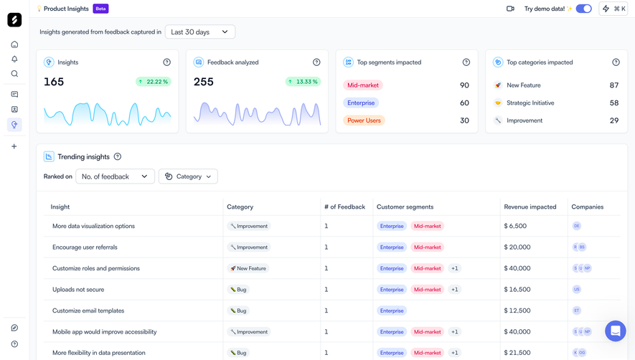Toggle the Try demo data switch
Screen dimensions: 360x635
(x=583, y=9)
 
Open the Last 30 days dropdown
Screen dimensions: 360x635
(x=199, y=32)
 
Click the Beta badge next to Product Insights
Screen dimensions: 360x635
(x=101, y=9)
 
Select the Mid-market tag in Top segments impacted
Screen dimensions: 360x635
(x=362, y=85)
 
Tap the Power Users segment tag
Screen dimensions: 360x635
(x=364, y=120)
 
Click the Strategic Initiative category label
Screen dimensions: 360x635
(x=530, y=103)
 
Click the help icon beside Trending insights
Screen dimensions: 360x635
(x=118, y=157)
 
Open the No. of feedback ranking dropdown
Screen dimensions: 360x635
(x=115, y=176)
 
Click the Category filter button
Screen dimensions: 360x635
(x=188, y=176)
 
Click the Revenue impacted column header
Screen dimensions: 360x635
(x=530, y=207)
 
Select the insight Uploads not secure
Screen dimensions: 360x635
(x=78, y=290)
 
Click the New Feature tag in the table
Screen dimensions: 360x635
(x=248, y=269)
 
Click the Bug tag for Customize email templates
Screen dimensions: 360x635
(x=238, y=311)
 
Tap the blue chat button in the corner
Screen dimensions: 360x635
(x=615, y=331)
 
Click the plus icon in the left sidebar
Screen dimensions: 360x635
(x=14, y=146)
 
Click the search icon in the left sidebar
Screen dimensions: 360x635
(x=14, y=74)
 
